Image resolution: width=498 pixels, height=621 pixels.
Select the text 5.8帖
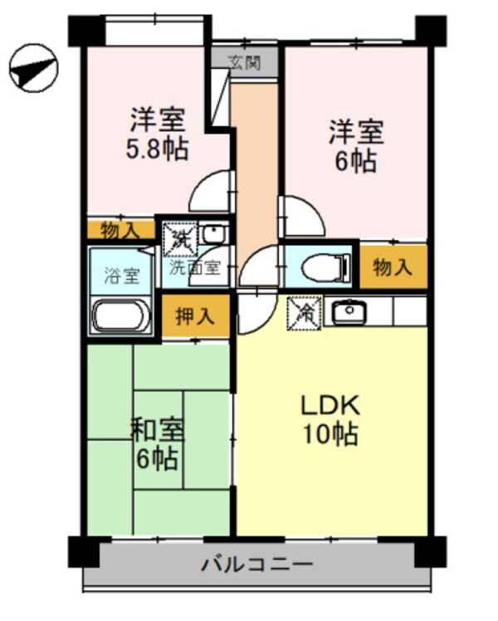tap(157, 149)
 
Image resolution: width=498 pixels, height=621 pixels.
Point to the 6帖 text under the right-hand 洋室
tap(355, 160)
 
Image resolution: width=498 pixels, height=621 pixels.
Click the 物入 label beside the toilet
tap(393, 267)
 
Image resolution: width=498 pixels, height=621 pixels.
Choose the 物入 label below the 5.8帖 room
tap(120, 229)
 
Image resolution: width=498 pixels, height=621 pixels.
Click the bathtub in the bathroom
tap(121, 317)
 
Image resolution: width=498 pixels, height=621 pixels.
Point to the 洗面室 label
tap(196, 268)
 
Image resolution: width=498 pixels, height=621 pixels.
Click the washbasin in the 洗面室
tap(213, 235)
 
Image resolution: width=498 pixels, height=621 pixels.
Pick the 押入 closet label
tap(196, 316)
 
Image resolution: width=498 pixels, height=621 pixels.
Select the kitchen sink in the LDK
tap(349, 312)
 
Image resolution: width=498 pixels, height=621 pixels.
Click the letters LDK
tap(329, 406)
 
